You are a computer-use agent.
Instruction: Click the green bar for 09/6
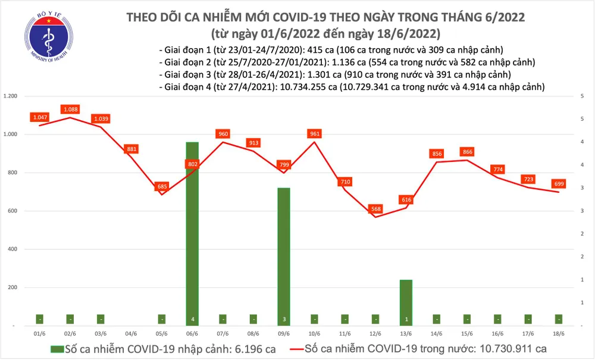click(x=284, y=256)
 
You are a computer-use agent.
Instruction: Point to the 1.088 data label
click(x=70, y=109)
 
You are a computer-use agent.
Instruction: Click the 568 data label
click(x=375, y=209)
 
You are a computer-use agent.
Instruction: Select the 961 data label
click(x=315, y=134)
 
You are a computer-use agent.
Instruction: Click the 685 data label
click(x=161, y=187)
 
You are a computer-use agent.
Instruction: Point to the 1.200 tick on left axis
click(x=11, y=96)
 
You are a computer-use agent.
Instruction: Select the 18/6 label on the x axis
click(x=559, y=334)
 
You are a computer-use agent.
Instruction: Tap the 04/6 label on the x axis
click(x=131, y=334)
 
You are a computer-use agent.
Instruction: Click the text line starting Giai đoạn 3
click(x=334, y=74)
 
